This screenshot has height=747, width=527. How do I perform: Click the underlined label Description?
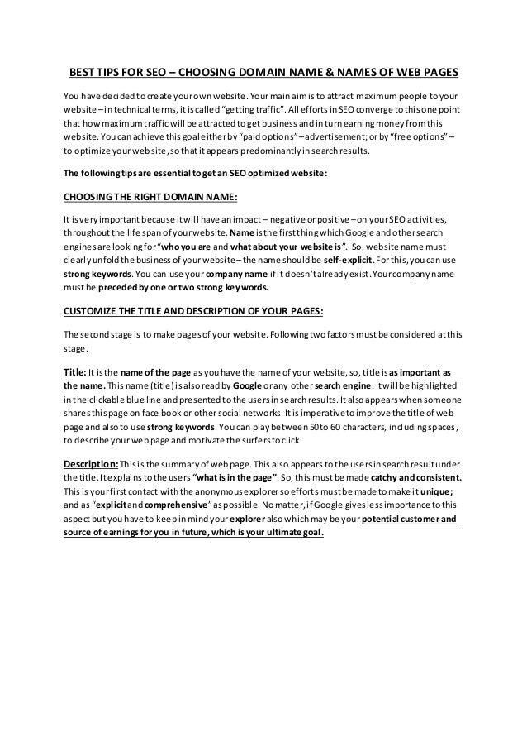click(91, 462)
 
